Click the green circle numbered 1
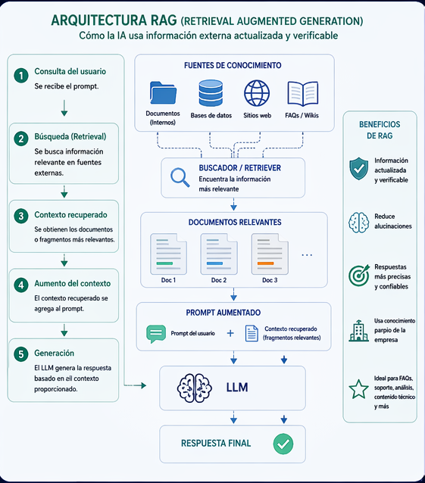coord(21,74)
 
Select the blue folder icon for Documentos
coord(163,93)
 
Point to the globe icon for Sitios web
coord(257,93)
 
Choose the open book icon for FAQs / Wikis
coord(302,94)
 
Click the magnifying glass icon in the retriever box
coord(180,176)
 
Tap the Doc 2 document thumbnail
coord(219,252)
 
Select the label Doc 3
coord(270,280)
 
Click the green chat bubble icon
coord(156,333)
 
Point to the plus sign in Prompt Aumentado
coord(230,333)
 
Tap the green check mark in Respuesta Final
coord(283,444)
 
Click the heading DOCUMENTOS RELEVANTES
coord(234,223)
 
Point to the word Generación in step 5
coord(55,353)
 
